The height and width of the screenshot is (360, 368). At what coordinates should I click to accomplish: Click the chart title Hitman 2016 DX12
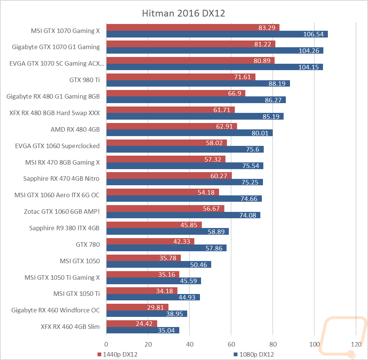[x=183, y=13]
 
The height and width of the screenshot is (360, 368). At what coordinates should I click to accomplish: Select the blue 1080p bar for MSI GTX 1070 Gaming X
[x=217, y=34]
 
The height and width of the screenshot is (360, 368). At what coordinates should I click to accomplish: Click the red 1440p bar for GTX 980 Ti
[x=181, y=77]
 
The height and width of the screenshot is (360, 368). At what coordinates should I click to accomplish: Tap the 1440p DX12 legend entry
[x=117, y=354]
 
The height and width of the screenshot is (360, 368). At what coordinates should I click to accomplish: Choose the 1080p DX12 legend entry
[x=254, y=354]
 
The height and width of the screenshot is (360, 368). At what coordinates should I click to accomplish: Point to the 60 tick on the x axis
[x=231, y=344]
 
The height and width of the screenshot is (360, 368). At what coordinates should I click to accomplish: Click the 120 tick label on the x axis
[x=356, y=344]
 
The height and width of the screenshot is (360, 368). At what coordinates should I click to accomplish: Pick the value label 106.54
[x=313, y=34]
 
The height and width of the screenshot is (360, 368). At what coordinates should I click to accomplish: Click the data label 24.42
[x=144, y=324]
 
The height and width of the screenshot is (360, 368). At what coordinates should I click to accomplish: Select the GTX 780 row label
[x=88, y=244]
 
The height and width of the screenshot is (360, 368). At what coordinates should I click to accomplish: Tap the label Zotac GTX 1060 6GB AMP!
[x=62, y=211]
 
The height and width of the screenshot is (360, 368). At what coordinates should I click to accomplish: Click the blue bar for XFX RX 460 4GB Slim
[x=143, y=330]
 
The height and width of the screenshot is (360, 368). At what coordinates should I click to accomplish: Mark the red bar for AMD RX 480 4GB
[x=172, y=126]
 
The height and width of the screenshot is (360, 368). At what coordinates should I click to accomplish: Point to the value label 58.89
[x=216, y=232]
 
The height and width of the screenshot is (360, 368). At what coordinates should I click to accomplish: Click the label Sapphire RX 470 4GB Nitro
[x=61, y=178]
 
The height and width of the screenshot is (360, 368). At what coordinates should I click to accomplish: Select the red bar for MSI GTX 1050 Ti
[x=142, y=291]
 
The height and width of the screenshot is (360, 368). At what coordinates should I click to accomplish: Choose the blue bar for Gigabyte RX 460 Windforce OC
[x=147, y=314]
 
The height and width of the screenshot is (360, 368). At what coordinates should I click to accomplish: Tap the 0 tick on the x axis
[x=106, y=344]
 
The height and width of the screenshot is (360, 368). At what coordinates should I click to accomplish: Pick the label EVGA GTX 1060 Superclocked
[x=57, y=146]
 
